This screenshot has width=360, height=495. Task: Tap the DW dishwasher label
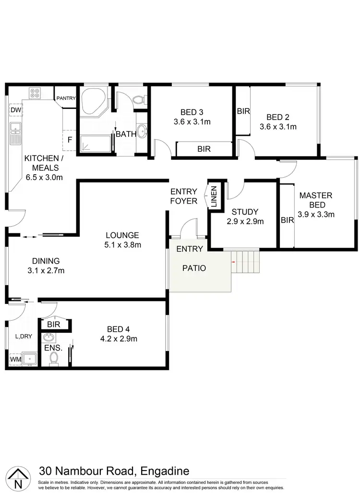click(15, 110)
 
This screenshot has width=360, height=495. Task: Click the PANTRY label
click(66, 98)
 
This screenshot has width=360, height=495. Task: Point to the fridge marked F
click(70, 140)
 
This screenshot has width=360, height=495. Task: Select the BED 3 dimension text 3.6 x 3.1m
click(192, 122)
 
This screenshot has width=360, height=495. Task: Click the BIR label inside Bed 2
click(243, 111)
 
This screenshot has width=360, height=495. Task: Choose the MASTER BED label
click(316, 200)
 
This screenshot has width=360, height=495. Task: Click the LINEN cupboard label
click(214, 196)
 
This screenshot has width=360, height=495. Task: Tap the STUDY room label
click(245, 212)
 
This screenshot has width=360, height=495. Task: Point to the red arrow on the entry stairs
click(234, 262)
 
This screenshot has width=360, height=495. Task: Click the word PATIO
click(194, 268)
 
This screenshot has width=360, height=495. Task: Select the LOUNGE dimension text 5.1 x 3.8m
click(122, 245)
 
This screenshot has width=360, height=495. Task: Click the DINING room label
click(46, 261)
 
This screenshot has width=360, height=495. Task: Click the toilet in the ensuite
click(54, 358)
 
